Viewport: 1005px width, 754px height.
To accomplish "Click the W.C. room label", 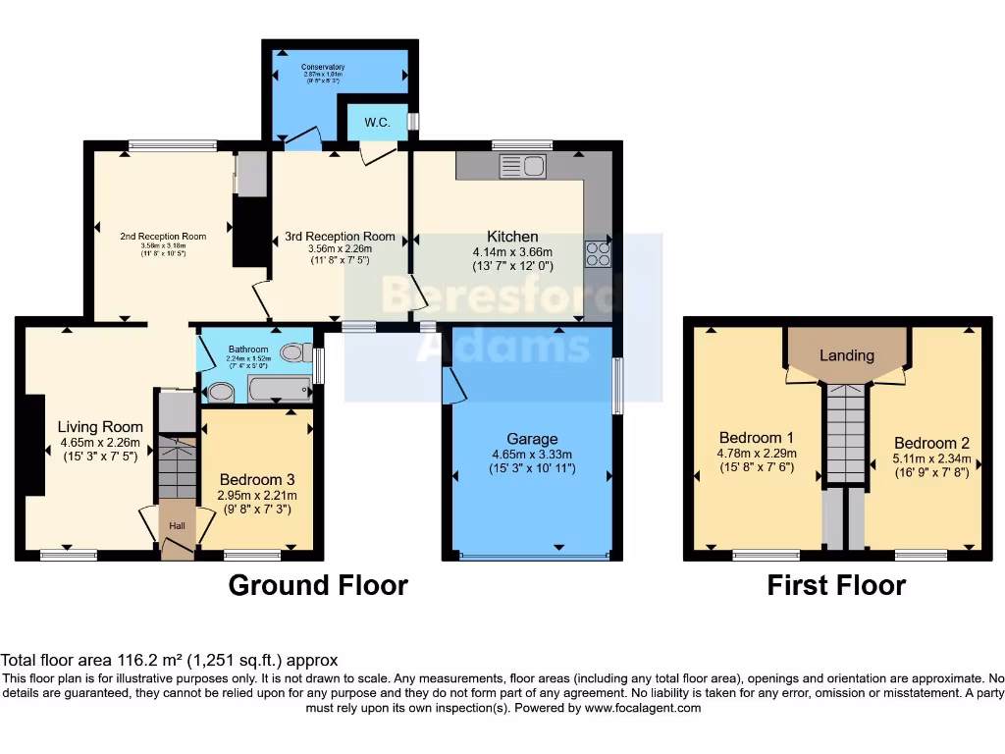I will tap(378, 123).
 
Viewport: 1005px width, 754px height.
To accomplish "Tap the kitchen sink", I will tap(522, 166).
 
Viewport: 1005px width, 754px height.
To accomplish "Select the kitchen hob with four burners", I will tap(597, 253).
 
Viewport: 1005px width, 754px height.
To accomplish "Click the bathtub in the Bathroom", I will tap(279, 390).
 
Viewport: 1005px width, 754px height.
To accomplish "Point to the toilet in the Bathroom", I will tap(293, 352).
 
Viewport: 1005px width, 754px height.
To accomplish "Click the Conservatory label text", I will tap(323, 68).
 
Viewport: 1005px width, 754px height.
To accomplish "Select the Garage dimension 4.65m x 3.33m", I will tap(532, 455).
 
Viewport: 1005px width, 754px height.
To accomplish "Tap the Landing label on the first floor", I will tap(846, 355).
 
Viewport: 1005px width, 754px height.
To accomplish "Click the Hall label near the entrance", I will tap(177, 526).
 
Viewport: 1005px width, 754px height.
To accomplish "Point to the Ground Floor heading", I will tap(318, 585).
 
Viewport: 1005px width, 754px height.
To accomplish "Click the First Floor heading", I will tap(836, 585).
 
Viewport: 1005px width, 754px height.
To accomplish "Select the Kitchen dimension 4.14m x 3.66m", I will tap(512, 251).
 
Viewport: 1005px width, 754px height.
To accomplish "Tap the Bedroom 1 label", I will tap(756, 438).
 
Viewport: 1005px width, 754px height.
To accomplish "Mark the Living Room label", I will tap(100, 427).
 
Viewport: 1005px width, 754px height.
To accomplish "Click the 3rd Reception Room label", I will tap(340, 237).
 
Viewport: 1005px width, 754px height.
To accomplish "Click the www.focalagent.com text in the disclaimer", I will tap(644, 708).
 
